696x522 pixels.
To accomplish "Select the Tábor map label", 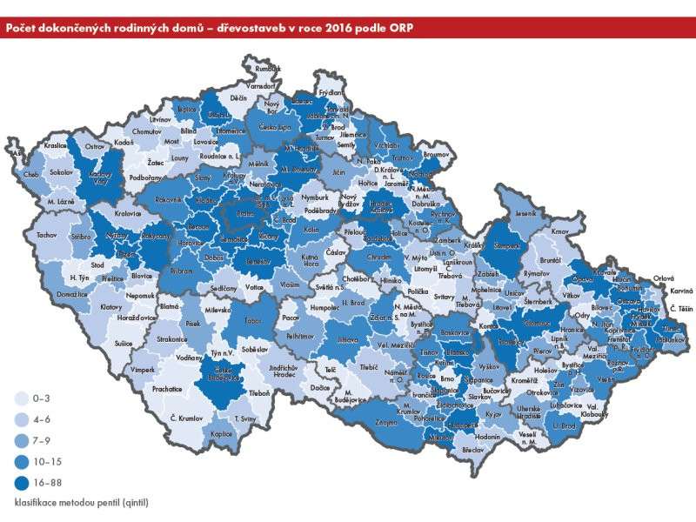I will [254, 319].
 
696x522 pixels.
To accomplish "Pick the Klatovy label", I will [111, 307].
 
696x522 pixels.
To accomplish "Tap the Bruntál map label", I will [549, 260].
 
